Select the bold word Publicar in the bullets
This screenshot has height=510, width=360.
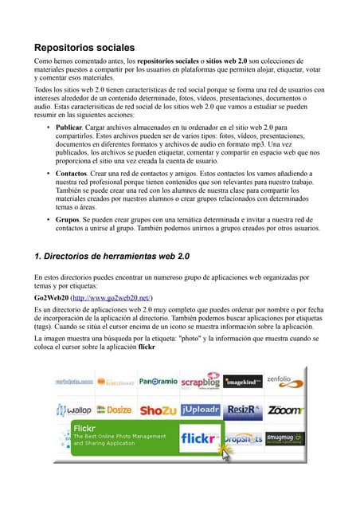click(75, 127)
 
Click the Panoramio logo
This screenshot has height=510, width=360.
click(158, 382)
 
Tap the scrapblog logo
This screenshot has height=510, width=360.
click(200, 381)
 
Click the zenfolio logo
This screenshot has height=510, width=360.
click(284, 381)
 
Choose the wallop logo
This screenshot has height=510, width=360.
click(74, 410)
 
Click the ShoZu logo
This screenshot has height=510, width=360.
click(158, 410)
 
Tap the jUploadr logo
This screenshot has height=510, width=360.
click(200, 410)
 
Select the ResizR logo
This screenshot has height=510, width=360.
click(242, 410)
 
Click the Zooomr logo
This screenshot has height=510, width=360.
click(284, 410)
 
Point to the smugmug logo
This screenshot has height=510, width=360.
click(284, 439)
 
